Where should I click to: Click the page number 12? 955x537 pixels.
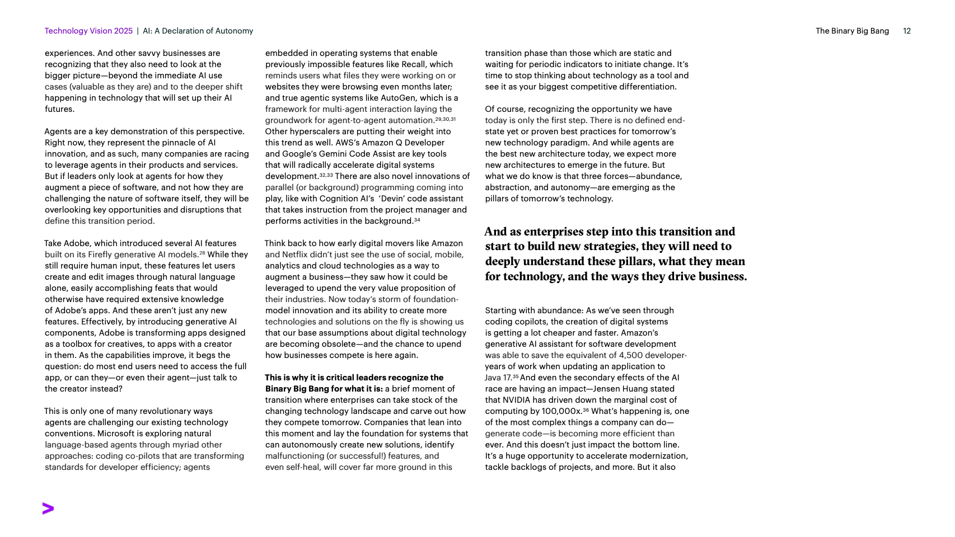[907, 31]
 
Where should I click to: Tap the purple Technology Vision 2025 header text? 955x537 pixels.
[88, 31]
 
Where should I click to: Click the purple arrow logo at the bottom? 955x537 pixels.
[48, 508]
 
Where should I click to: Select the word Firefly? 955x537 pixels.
[100, 255]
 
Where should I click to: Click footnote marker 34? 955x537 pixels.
[417, 220]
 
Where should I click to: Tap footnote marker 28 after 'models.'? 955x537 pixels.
[202, 254]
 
